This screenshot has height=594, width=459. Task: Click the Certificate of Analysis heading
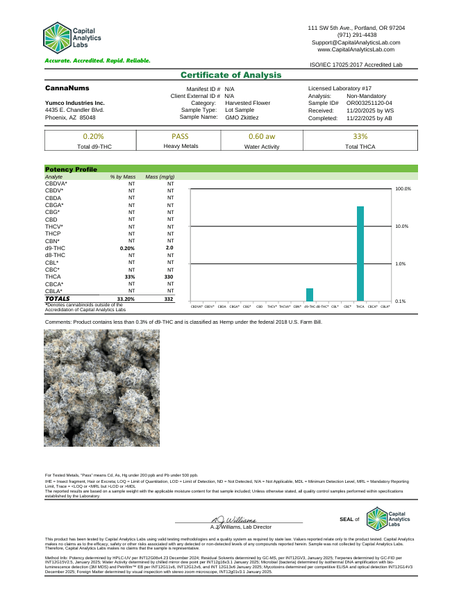231,75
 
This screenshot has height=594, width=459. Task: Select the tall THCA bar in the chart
360,253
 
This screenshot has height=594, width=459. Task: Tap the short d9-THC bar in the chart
310,294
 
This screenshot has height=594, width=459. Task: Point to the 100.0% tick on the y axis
403,189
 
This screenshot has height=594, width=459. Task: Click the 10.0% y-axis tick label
403,226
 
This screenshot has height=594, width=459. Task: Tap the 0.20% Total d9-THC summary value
93,136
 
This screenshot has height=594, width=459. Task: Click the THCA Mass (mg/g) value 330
169,277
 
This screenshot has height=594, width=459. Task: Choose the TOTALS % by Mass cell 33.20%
126,298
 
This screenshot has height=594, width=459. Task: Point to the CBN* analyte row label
53,240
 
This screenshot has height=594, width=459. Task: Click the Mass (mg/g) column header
160,178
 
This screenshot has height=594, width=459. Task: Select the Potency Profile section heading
71,169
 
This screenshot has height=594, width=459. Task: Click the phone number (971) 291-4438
357,35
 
